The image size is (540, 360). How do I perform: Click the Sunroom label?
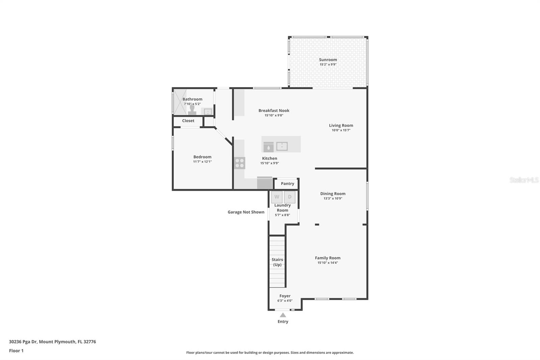click(x=328, y=59)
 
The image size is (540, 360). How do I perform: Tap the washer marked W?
click(x=277, y=197)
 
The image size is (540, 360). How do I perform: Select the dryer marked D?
click(x=290, y=197)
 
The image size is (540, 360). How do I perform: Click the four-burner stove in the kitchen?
click(x=240, y=163)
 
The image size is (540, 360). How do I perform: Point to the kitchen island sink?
click(x=282, y=147)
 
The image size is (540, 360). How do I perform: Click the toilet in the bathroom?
click(x=192, y=110)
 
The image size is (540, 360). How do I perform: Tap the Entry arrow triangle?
click(x=283, y=315)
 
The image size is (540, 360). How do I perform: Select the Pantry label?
click(x=287, y=184)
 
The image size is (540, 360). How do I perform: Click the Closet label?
click(x=188, y=121)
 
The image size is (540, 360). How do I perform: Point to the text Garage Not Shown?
click(x=246, y=212)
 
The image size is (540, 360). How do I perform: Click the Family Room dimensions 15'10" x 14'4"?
click(x=328, y=263)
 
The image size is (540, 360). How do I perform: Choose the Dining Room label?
click(x=333, y=194)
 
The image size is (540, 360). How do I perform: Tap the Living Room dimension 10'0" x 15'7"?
click(x=341, y=130)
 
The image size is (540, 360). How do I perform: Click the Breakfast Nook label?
click(x=274, y=110)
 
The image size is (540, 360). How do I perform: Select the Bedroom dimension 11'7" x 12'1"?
click(x=202, y=162)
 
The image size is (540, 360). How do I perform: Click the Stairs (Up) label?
click(x=277, y=262)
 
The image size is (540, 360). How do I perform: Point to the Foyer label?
click(x=285, y=296)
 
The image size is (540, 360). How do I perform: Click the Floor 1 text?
click(x=16, y=351)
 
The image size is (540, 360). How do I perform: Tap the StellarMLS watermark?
click(x=524, y=180)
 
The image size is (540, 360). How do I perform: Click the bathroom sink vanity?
click(x=207, y=111)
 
